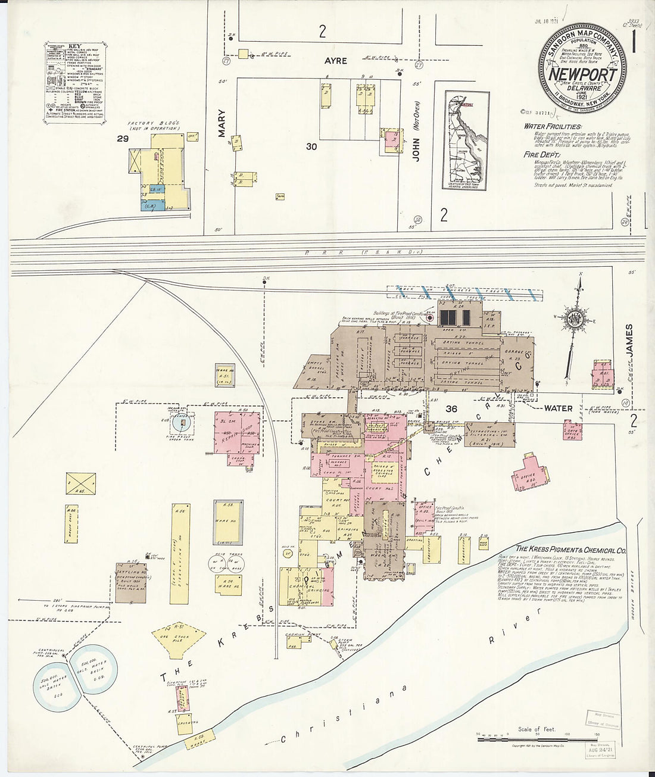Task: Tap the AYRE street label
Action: coord(335,61)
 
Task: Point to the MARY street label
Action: coord(222,123)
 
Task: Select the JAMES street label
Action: coord(629,341)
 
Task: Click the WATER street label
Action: coord(558,408)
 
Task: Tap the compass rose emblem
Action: coord(576,317)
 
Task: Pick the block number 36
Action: coord(451,408)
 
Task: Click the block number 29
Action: coord(122,139)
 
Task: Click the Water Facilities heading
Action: coord(552,126)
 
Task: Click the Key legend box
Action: coord(75,82)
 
